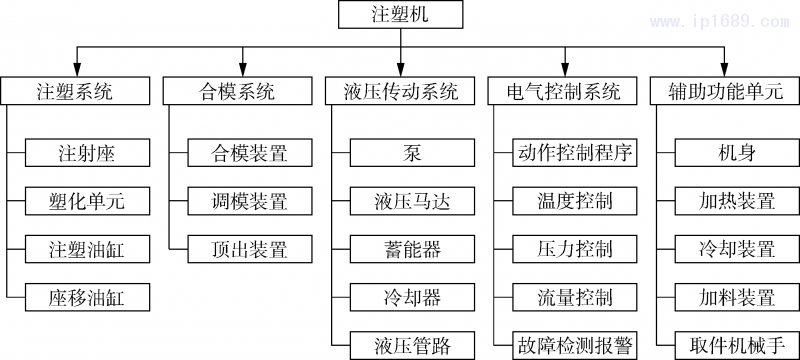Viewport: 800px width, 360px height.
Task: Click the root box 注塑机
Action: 400,15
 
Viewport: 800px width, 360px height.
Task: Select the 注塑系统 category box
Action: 74,91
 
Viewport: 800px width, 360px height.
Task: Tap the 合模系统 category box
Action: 237,91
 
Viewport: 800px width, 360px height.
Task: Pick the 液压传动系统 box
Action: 400,91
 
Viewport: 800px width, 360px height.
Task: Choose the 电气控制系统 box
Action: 563,91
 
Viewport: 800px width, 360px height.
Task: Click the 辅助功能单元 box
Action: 725,91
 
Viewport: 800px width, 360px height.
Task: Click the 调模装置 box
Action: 250,201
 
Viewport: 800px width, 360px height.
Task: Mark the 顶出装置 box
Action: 250,249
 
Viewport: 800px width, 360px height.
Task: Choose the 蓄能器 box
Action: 413,249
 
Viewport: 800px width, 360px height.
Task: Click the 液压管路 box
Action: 413,345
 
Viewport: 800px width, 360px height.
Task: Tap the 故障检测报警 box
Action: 575,345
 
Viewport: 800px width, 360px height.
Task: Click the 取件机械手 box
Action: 737,345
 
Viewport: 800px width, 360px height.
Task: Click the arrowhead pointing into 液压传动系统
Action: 400,72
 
